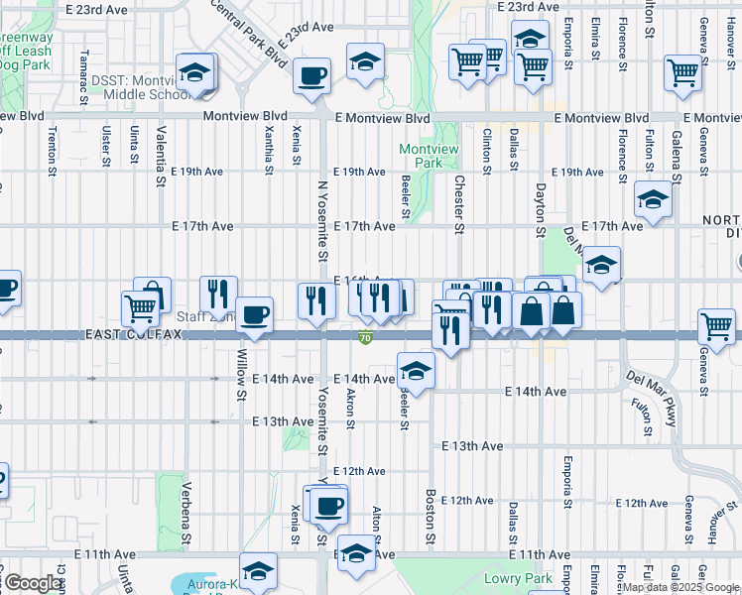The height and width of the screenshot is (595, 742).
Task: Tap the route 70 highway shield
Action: (x=366, y=338)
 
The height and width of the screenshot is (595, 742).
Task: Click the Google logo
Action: (x=33, y=583)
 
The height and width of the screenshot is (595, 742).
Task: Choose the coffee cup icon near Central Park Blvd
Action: (x=313, y=74)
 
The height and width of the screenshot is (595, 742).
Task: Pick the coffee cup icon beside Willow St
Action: (x=254, y=314)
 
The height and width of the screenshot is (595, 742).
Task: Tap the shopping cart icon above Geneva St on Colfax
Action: (x=716, y=325)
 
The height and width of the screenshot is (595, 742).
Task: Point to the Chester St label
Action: (x=458, y=205)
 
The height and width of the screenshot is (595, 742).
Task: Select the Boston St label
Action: (x=431, y=509)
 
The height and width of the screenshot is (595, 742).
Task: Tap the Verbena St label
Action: (x=185, y=515)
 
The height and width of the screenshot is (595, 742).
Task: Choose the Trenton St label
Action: (x=52, y=152)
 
